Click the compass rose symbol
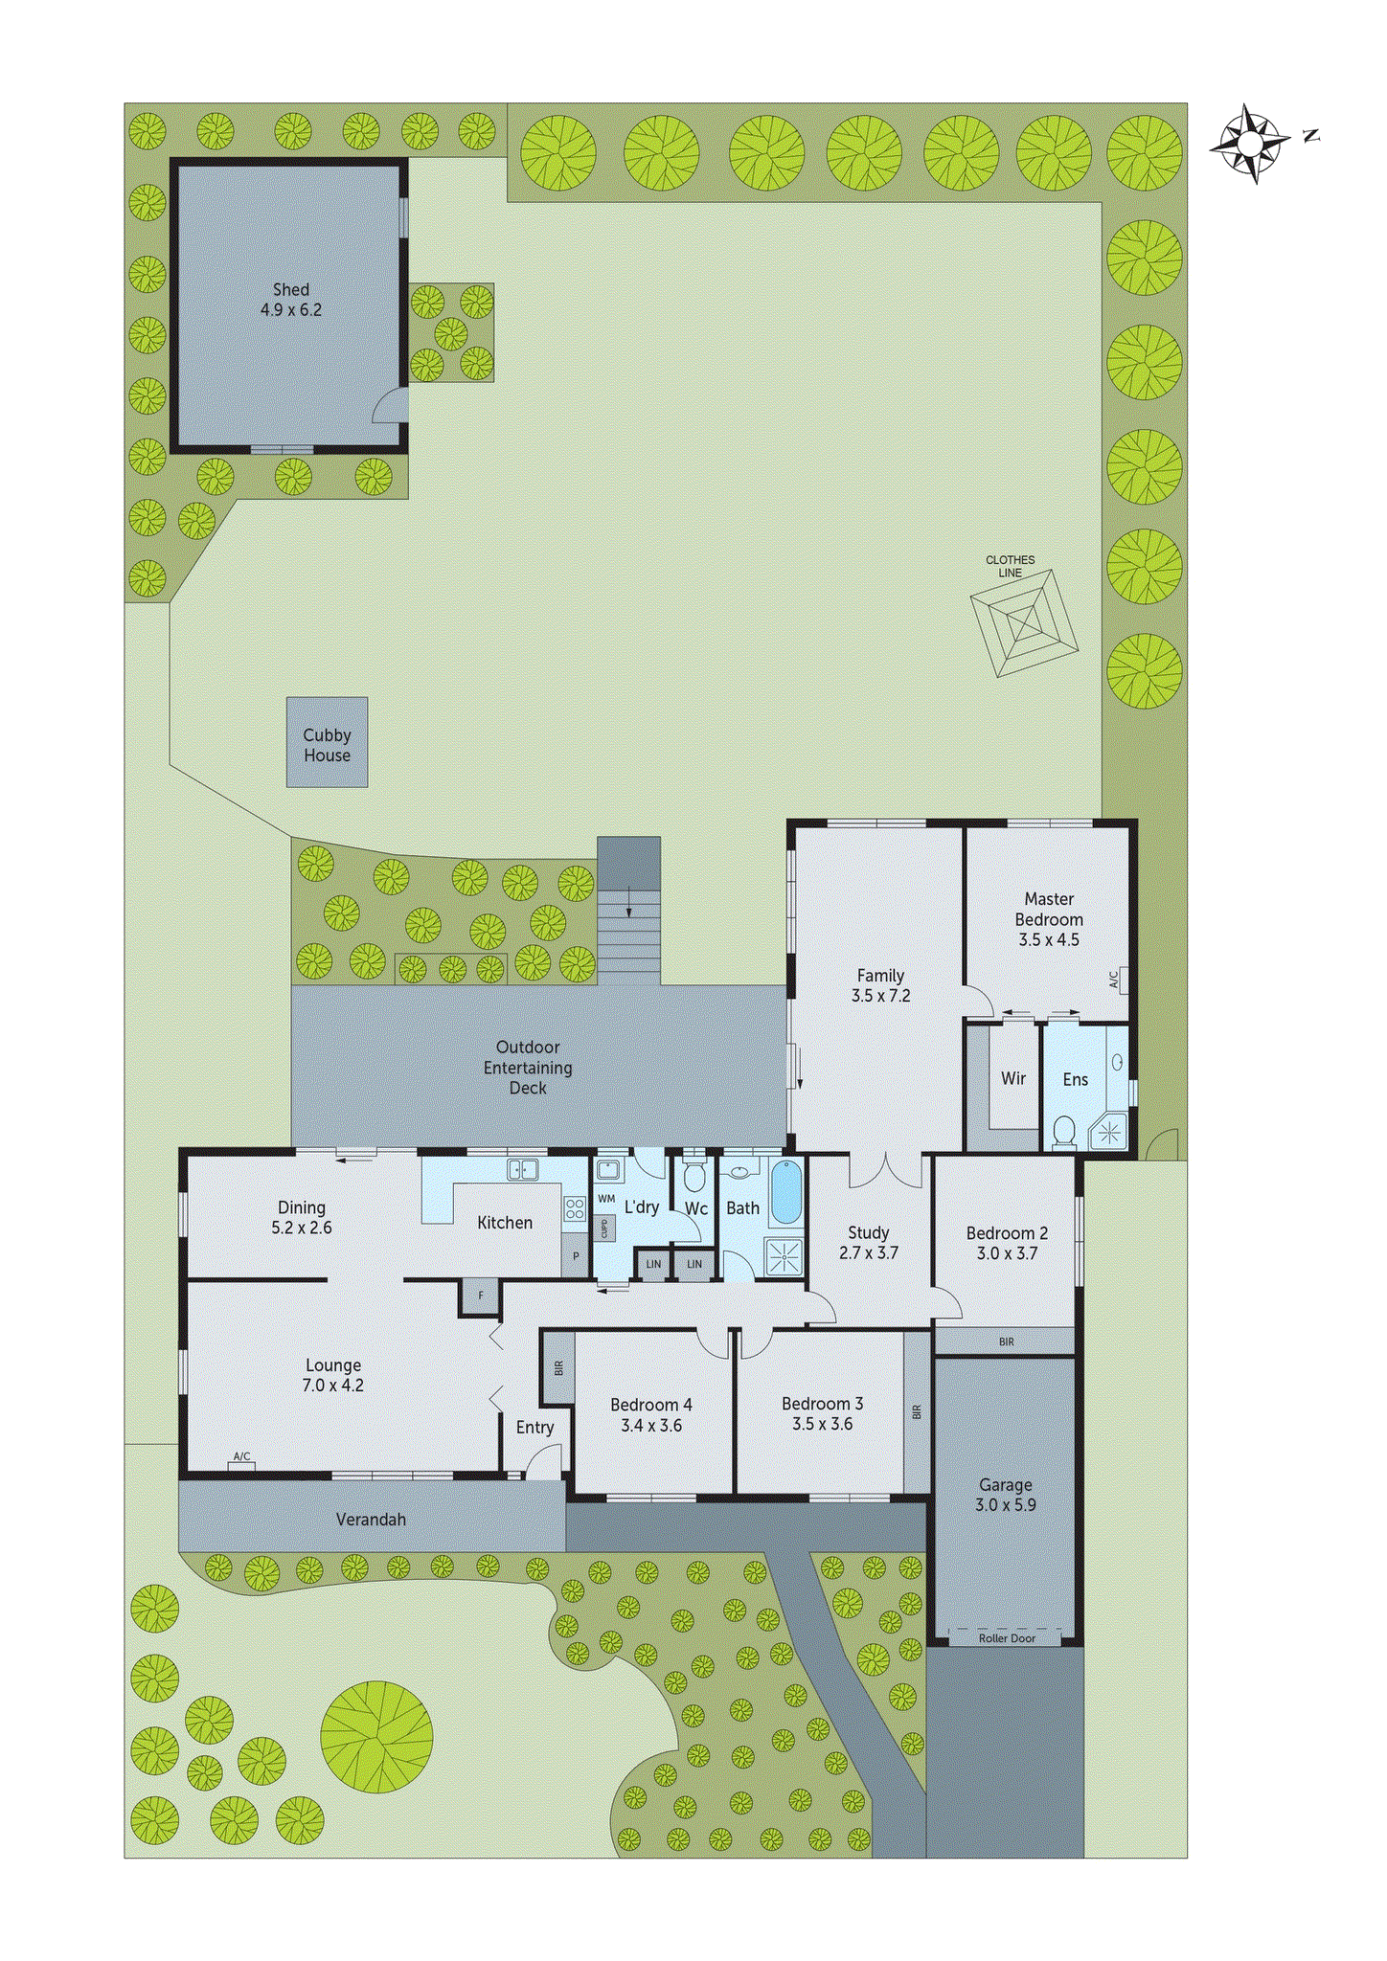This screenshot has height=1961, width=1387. pos(1250,144)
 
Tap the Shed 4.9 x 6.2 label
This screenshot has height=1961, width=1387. pos(291,300)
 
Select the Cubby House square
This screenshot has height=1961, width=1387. pos(327,742)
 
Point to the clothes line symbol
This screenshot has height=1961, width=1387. pos(1024,623)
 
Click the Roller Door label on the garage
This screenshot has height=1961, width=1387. pos(1007,1638)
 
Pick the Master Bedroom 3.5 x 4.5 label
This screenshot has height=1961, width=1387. pos(1049,919)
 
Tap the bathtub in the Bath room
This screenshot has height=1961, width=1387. pos(785,1192)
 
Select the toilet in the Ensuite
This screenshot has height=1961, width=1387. pos(1063,1133)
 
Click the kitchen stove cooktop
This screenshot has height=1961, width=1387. pos(575,1208)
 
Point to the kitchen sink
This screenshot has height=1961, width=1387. pos(522,1169)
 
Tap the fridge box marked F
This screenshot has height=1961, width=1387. pos(481,1296)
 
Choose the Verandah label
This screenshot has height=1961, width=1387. pos(371,1520)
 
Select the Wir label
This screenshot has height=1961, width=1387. pos(1013,1079)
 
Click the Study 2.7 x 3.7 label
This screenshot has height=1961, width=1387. pos(869,1243)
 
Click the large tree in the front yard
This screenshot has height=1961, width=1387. pos(376,1737)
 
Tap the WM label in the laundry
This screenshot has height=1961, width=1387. pos(606,1199)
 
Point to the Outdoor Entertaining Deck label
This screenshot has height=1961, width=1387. pos(528,1068)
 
